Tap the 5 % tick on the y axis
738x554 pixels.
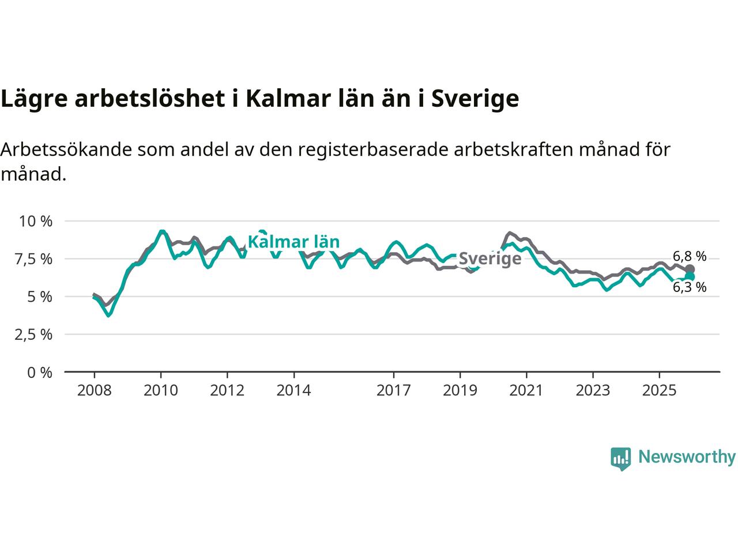(x=40, y=297)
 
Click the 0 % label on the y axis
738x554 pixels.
(x=40, y=372)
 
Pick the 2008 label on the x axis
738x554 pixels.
(x=94, y=391)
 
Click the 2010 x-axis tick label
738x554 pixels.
(x=161, y=391)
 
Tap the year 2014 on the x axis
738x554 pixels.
(x=293, y=391)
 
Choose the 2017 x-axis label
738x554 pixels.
(x=394, y=391)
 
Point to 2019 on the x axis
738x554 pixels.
(x=460, y=391)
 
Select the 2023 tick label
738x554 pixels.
(x=593, y=391)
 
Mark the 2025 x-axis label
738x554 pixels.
(x=660, y=391)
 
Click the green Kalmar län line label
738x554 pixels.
(x=293, y=242)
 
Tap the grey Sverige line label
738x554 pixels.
(x=490, y=259)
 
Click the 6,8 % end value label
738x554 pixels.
(x=690, y=256)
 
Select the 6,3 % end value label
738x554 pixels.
(x=690, y=287)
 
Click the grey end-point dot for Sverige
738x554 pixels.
(x=690, y=269)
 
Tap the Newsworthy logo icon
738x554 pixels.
(x=620, y=458)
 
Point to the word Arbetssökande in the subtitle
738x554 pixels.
(x=67, y=149)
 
